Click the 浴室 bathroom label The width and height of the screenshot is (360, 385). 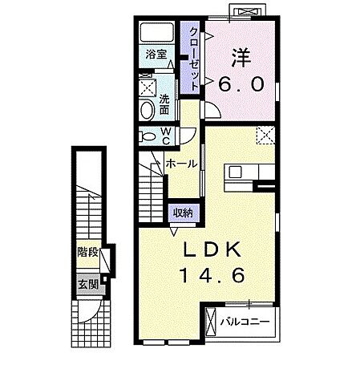(156, 55)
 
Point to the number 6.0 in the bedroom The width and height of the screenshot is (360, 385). (237, 83)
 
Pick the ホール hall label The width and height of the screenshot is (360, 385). (181, 163)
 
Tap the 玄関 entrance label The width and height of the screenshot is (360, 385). (87, 283)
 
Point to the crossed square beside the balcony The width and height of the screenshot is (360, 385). (212, 323)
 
